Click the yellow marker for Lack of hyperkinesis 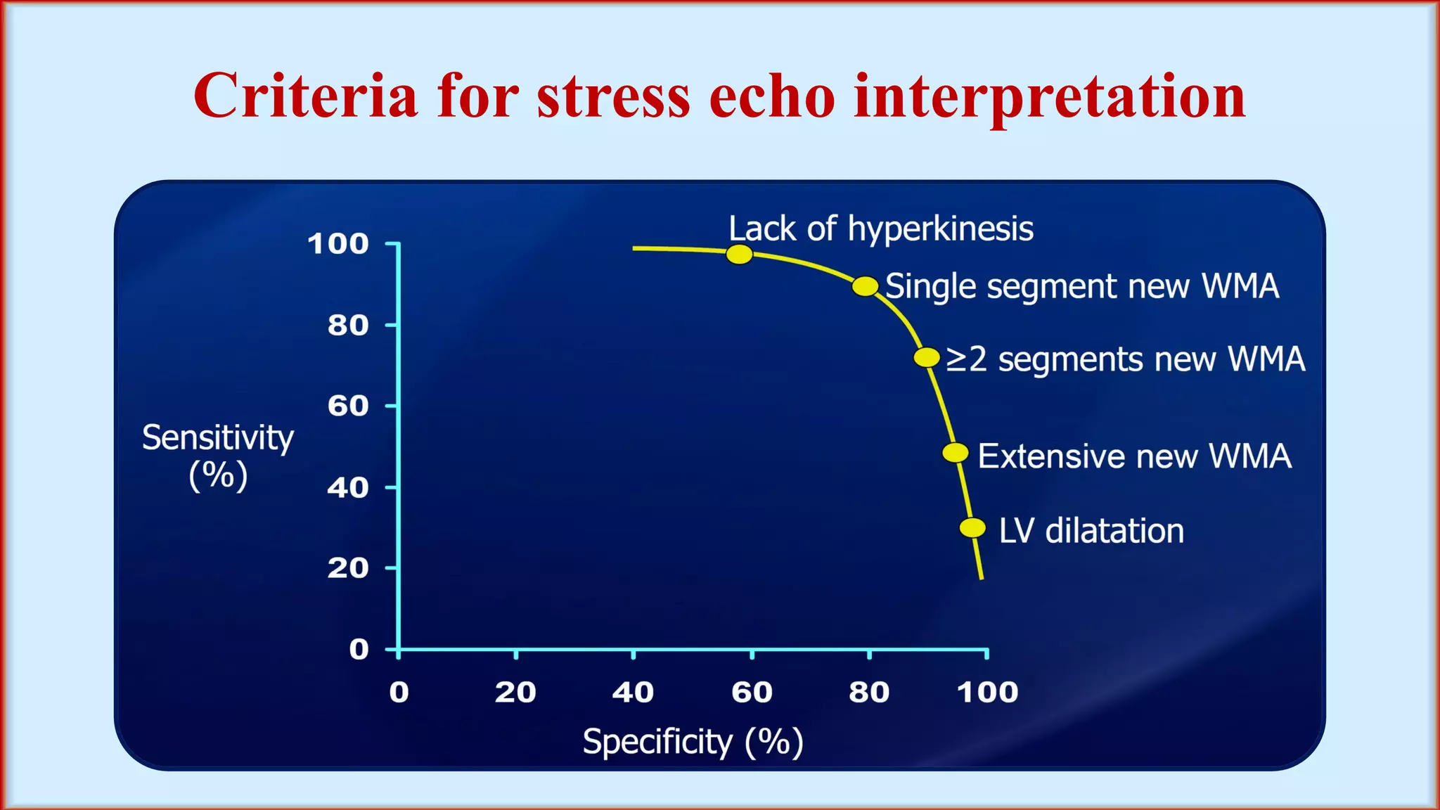(x=739, y=254)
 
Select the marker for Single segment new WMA (x=865, y=286)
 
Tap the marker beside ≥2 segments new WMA (x=927, y=357)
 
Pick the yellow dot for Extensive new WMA (x=955, y=453)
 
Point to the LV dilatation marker (x=972, y=527)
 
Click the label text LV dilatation (x=1091, y=531)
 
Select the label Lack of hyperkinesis (x=880, y=229)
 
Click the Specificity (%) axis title (x=693, y=742)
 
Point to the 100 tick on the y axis (x=338, y=244)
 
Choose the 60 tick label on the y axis (x=348, y=406)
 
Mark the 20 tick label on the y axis (x=348, y=568)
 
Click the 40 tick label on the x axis (x=633, y=693)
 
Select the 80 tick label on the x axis (x=869, y=693)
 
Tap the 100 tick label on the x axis (x=987, y=693)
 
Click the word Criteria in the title (x=305, y=96)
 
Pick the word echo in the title (x=772, y=96)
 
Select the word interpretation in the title (x=1049, y=97)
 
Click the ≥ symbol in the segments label (x=956, y=359)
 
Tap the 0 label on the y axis (x=359, y=649)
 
